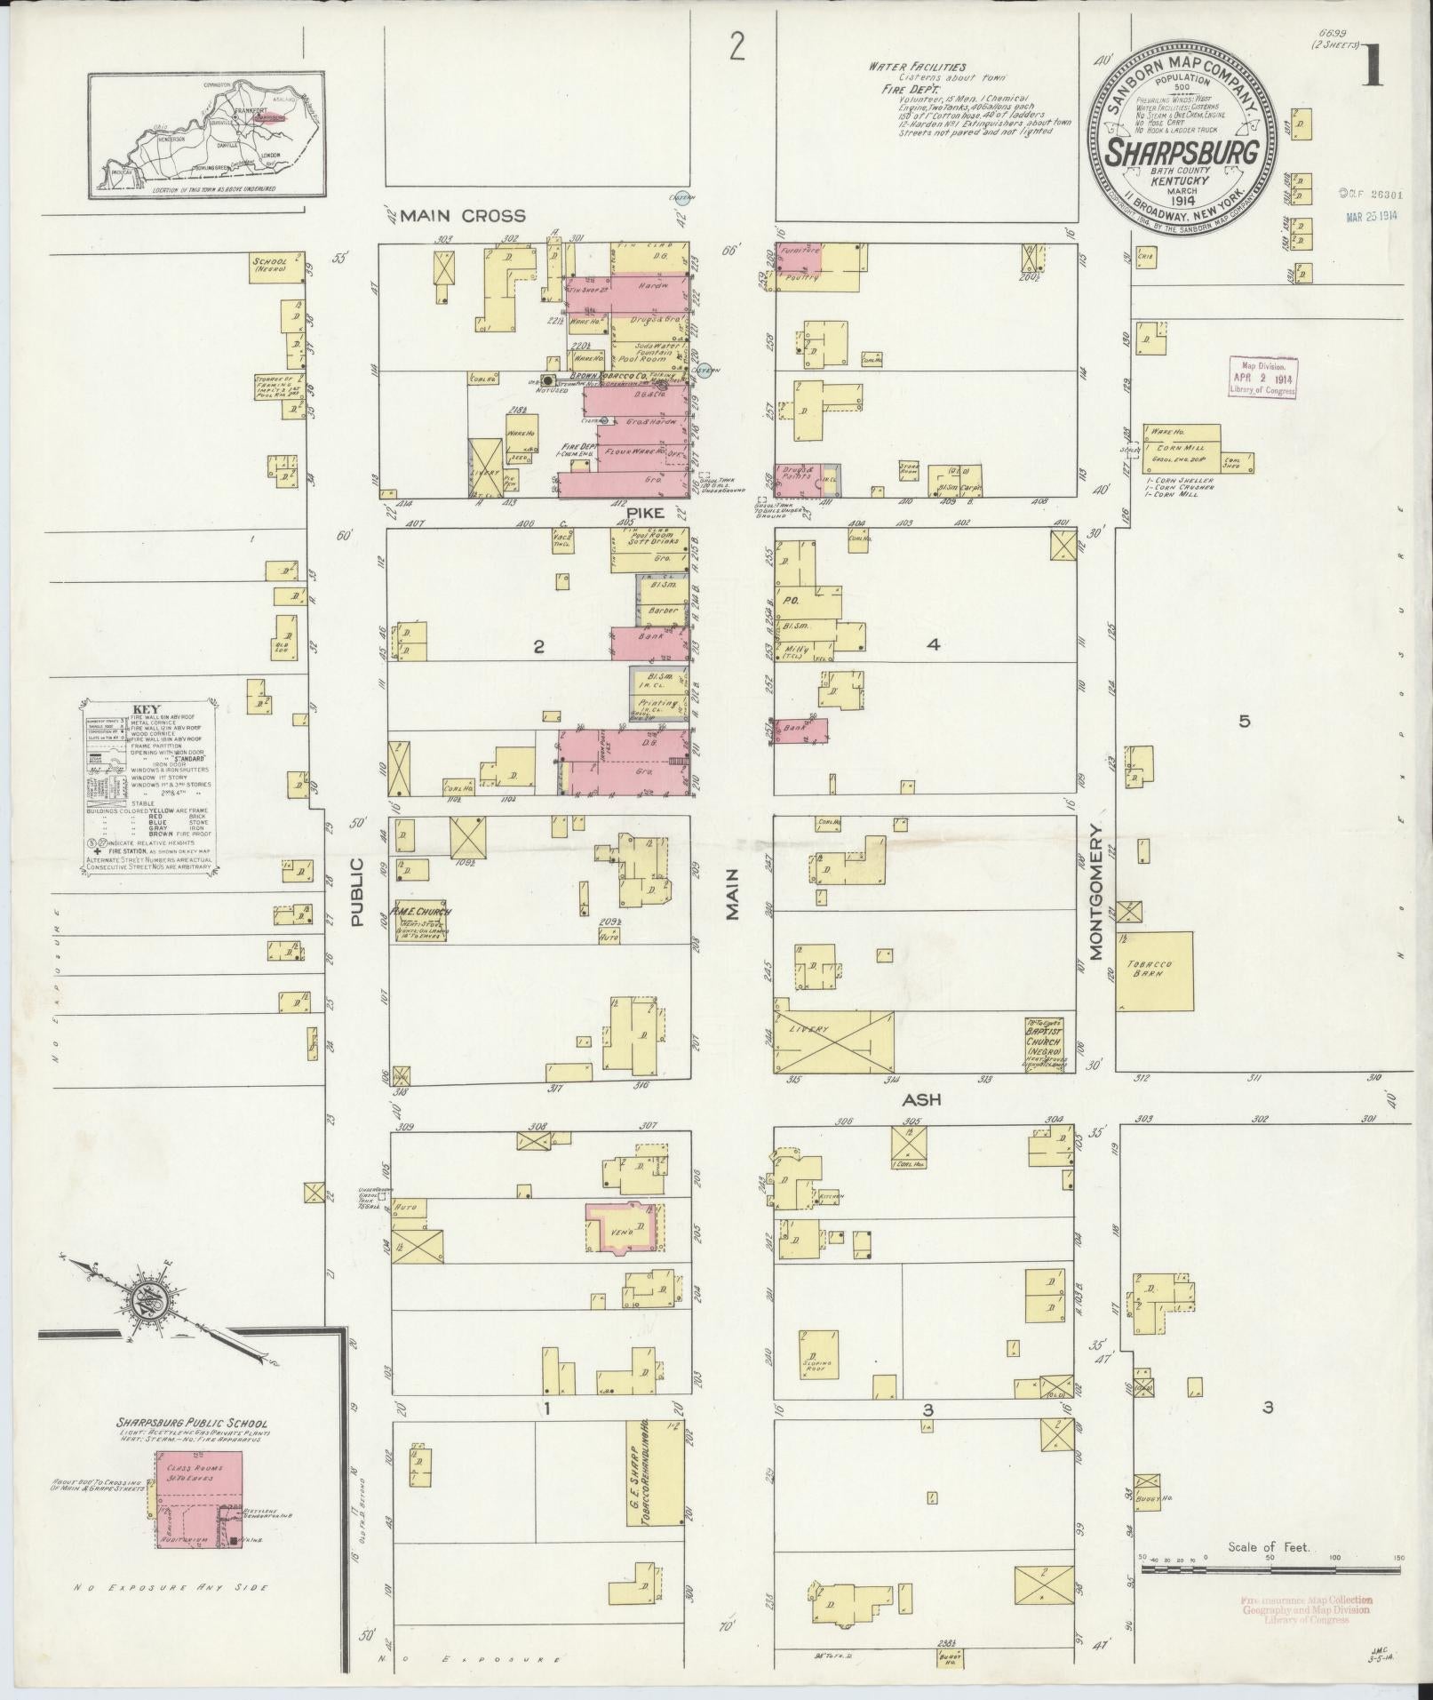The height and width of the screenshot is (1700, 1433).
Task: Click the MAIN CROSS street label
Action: click(461, 215)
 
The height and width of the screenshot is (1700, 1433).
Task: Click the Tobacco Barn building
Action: click(1154, 970)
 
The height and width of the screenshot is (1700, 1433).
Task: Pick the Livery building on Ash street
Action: click(833, 1040)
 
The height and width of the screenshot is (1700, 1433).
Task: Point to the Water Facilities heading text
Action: click(917, 67)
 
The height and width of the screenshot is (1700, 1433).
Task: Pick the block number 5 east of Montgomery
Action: click(1244, 722)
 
